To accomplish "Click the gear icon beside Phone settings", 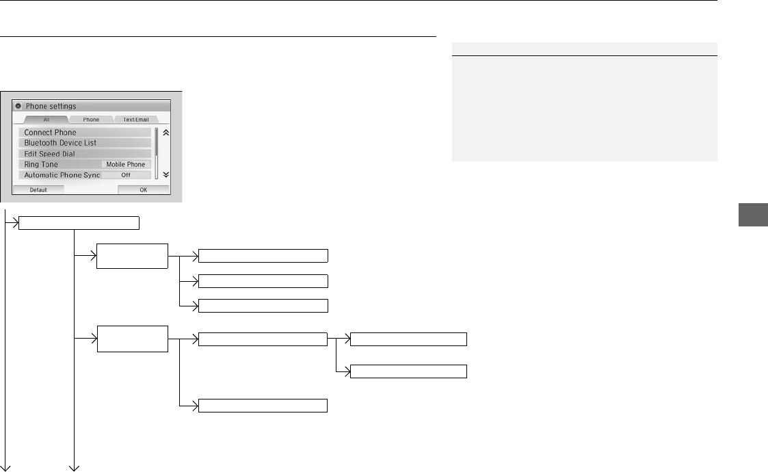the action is [x=18, y=107].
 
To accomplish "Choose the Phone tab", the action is [x=91, y=120].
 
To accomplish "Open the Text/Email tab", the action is [x=135, y=120].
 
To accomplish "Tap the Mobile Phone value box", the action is [x=126, y=165].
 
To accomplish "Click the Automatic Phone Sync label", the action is [x=62, y=175].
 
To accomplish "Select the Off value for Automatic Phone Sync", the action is [x=126, y=175].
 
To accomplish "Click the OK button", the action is [x=143, y=190].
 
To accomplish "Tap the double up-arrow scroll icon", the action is [x=165, y=133].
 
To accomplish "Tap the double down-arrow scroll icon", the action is [x=165, y=174].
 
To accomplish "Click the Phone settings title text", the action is [x=51, y=107].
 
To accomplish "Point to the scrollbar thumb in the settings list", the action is [x=157, y=142].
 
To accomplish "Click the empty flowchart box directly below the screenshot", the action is [x=79, y=222].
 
